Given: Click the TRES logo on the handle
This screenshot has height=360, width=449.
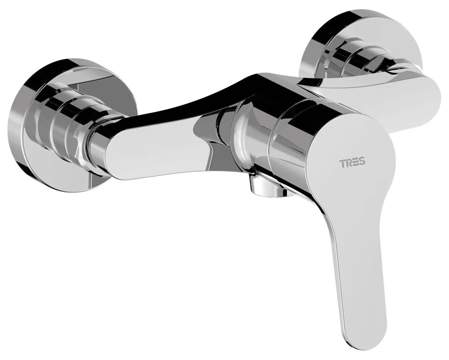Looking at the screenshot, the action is tap(352, 163).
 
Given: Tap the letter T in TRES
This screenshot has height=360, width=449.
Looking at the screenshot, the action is tap(342, 163).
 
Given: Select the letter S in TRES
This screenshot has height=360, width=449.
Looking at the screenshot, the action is tap(362, 163).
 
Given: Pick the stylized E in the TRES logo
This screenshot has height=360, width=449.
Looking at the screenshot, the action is tap(356, 163).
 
